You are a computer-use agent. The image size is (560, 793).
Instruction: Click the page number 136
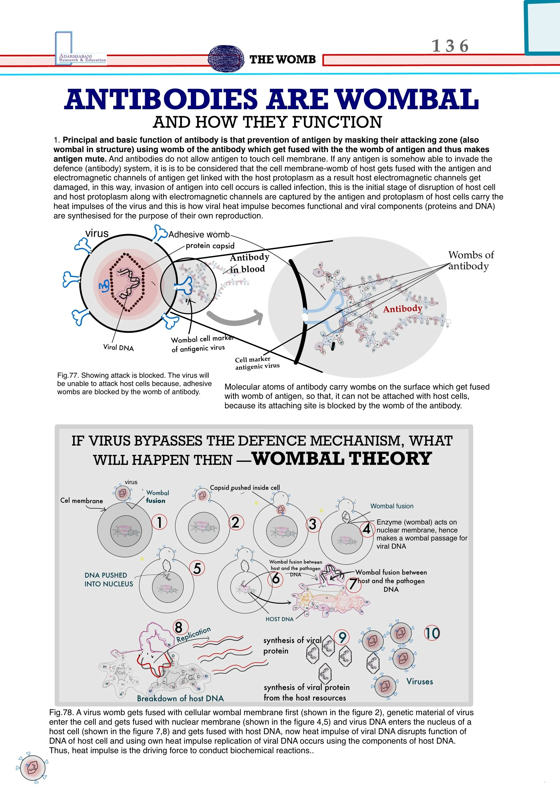[x=450, y=46]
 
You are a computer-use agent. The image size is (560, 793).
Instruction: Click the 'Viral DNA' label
[x=118, y=347]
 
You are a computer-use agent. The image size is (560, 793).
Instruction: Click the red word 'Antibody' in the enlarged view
[x=402, y=308]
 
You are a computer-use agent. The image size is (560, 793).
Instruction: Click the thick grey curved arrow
[x=235, y=317]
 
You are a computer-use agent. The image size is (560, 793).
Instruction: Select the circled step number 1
[x=159, y=522]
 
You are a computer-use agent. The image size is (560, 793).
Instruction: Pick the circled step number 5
[x=197, y=568]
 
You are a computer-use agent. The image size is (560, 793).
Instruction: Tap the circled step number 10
[x=432, y=633]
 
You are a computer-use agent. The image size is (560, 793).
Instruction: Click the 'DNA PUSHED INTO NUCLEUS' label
[x=109, y=579]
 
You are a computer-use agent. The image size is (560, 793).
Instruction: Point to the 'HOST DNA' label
[x=279, y=619]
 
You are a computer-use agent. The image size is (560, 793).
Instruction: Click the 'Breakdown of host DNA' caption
[x=180, y=698]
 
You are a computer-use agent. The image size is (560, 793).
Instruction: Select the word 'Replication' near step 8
[x=193, y=634]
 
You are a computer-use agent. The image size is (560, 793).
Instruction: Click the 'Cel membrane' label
[x=81, y=501]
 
